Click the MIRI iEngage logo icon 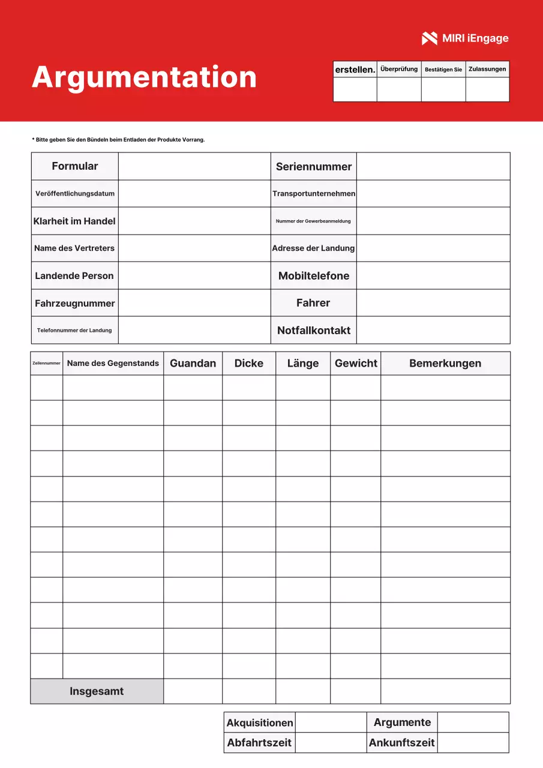click(430, 38)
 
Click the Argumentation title click(144, 77)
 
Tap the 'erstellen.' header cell click(355, 70)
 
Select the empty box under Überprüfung click(399, 90)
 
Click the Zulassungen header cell click(487, 70)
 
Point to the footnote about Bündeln click(118, 140)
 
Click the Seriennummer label click(313, 167)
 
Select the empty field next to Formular click(194, 166)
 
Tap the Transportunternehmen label click(313, 194)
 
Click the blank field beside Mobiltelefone click(433, 276)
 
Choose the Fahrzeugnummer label click(75, 304)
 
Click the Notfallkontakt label click(313, 331)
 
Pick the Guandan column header click(193, 364)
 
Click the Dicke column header click(249, 364)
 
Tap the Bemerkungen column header click(445, 364)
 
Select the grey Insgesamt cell click(97, 691)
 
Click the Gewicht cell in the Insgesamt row click(355, 691)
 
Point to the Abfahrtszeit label click(259, 743)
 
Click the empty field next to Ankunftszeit click(473, 743)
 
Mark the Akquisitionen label click(259, 723)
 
